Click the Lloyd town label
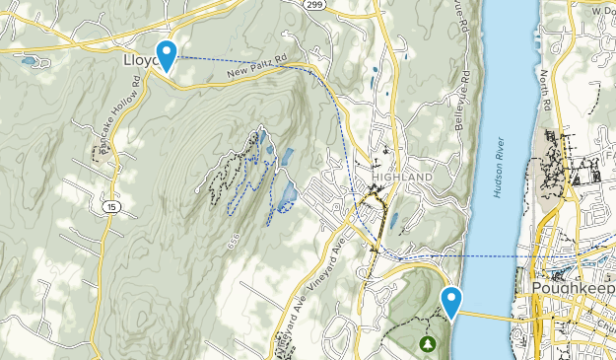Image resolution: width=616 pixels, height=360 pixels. (x=140, y=59)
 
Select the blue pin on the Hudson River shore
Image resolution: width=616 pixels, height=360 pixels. (x=452, y=301)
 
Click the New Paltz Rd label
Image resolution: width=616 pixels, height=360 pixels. (x=254, y=66)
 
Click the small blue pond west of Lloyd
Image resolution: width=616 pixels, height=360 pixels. (x=30, y=60)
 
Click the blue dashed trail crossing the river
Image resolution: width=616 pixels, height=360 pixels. (x=493, y=256)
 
